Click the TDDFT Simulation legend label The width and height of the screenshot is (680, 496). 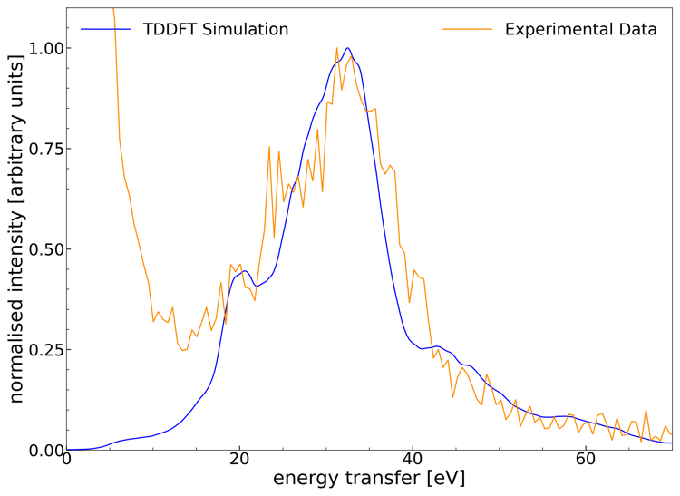pos(216,29)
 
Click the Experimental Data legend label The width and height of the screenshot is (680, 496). pos(580,29)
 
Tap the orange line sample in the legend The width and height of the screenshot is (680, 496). pos(468,29)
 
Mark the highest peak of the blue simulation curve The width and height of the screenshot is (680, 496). pos(347,48)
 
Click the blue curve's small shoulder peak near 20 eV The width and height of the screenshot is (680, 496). pos(245,270)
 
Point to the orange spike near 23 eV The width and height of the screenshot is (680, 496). pos(269,146)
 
